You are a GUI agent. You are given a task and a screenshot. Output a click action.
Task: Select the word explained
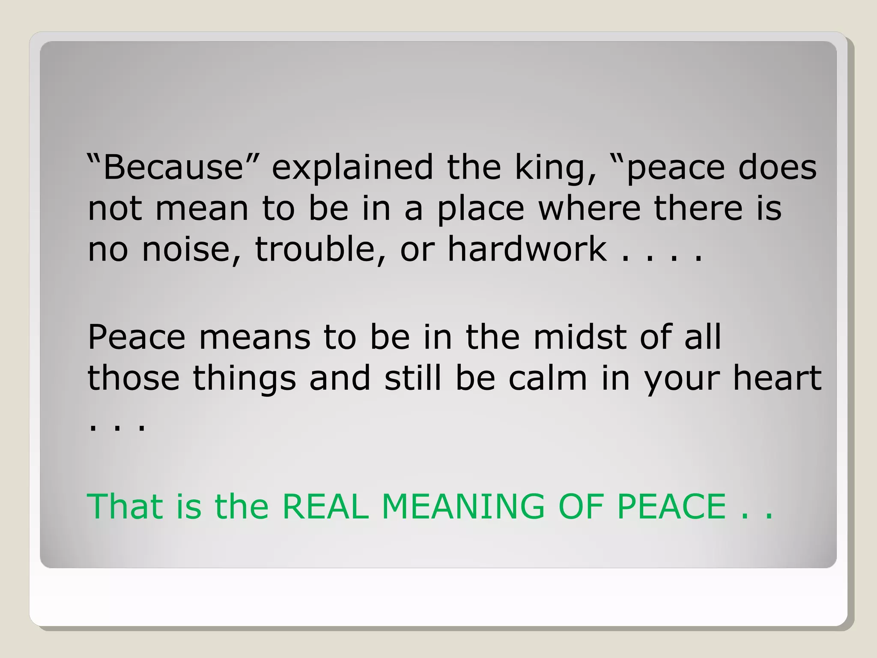click(x=352, y=167)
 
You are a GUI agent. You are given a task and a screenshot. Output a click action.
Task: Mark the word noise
click(x=191, y=250)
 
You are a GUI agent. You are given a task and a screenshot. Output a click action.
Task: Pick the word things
click(x=245, y=379)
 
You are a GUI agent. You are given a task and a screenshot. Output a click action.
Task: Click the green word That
click(x=125, y=506)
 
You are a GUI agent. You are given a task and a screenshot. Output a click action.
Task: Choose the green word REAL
click(x=325, y=506)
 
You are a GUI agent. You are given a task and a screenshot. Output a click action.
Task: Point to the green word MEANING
click(x=463, y=506)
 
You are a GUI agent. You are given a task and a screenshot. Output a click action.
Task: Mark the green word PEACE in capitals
click(x=672, y=506)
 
